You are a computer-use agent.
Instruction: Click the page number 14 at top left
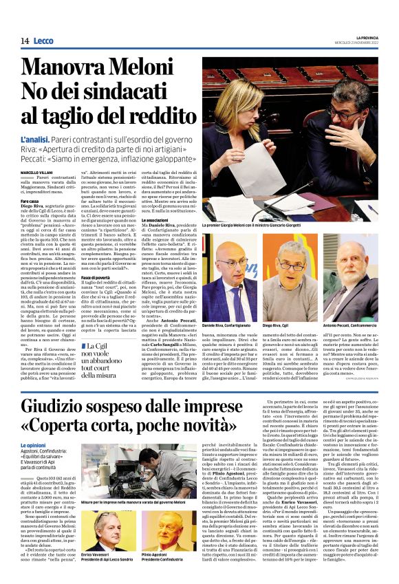(25, 41)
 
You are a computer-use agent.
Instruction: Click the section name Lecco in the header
(43, 41)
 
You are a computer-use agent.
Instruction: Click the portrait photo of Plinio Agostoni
(162, 530)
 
